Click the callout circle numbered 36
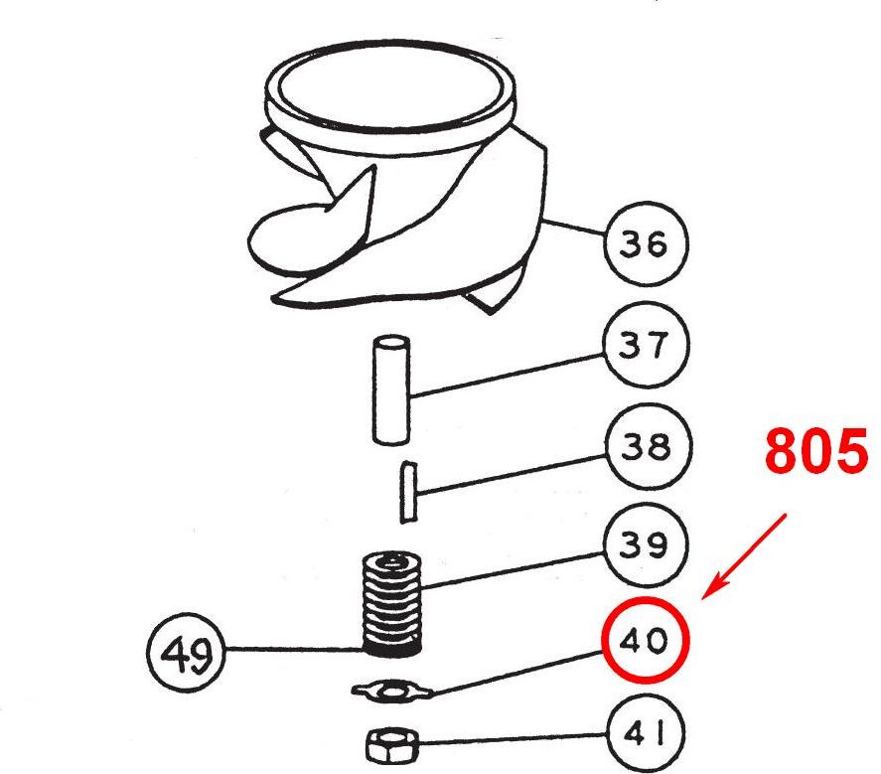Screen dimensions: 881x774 pyautogui.click(x=645, y=244)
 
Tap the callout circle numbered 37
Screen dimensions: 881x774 pyautogui.click(x=646, y=344)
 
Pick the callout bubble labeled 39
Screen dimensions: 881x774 pyautogui.click(x=646, y=544)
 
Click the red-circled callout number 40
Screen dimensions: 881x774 pyautogui.click(x=645, y=640)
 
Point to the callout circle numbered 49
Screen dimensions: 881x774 pyautogui.click(x=186, y=652)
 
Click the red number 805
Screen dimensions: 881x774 pyautogui.click(x=815, y=450)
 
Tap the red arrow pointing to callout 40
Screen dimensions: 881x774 pyautogui.click(x=745, y=556)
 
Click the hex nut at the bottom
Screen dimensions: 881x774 pyautogui.click(x=392, y=745)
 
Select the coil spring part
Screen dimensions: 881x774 pyautogui.click(x=391, y=603)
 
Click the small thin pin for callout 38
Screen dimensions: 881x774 pyautogui.click(x=408, y=493)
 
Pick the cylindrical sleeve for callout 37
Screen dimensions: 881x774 pyautogui.click(x=391, y=390)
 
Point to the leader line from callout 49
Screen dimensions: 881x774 pyautogui.click(x=293, y=650)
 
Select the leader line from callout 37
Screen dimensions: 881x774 pyautogui.click(x=508, y=376)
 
